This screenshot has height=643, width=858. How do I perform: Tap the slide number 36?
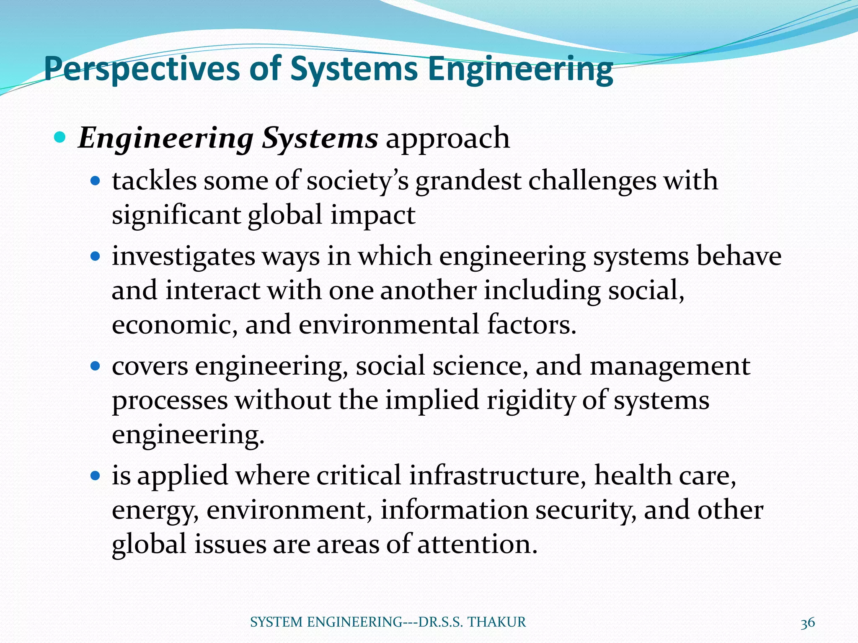tap(807, 622)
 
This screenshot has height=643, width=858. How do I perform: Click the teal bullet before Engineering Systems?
tap(60, 137)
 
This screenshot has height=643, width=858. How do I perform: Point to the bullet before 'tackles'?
tap(96, 181)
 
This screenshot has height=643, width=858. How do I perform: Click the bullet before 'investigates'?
tap(96, 256)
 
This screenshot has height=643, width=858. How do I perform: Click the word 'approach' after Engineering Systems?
tap(447, 138)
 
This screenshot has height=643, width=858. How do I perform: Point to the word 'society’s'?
tap(357, 181)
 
